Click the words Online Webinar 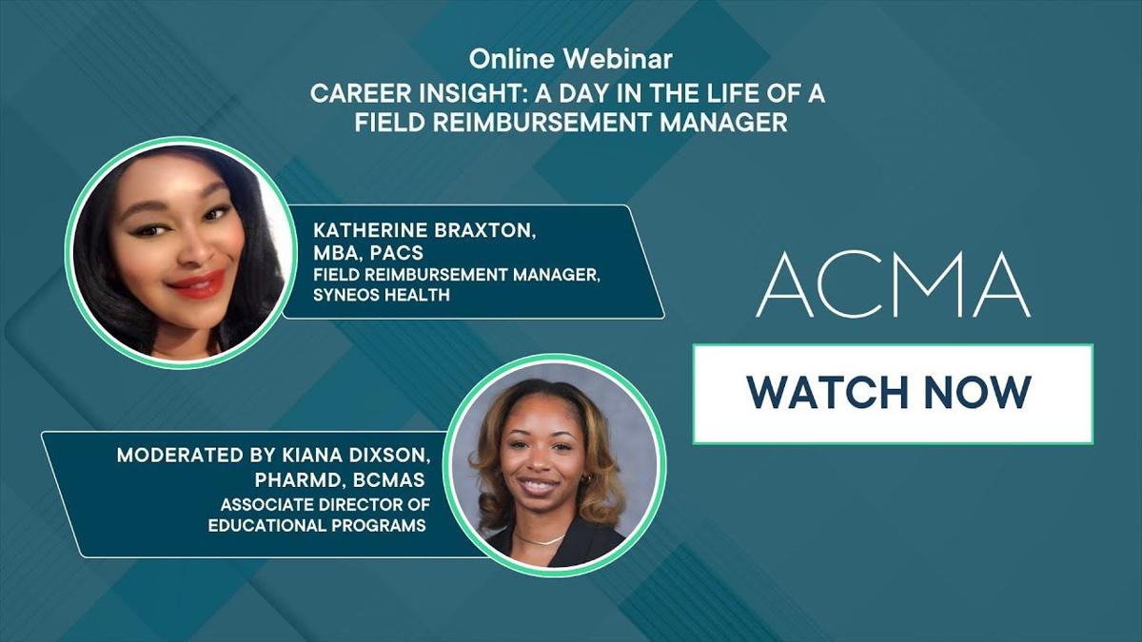tap(570, 59)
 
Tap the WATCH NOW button tap(892, 393)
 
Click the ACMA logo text tap(893, 286)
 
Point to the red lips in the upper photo tap(197, 283)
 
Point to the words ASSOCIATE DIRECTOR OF tap(323, 505)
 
